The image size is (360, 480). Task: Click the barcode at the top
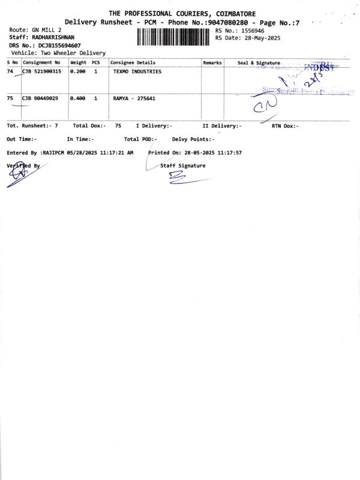175,37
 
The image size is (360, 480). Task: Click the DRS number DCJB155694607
60,45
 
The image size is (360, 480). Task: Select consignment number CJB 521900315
41,71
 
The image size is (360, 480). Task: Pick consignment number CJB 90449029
40,98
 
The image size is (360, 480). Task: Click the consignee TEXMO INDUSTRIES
137,71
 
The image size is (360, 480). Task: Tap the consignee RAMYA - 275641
134,98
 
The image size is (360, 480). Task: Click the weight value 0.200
78,71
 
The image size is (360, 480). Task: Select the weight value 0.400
78,98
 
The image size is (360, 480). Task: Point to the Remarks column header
212,62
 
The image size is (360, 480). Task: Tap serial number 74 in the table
10,71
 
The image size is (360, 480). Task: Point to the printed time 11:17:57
230,153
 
